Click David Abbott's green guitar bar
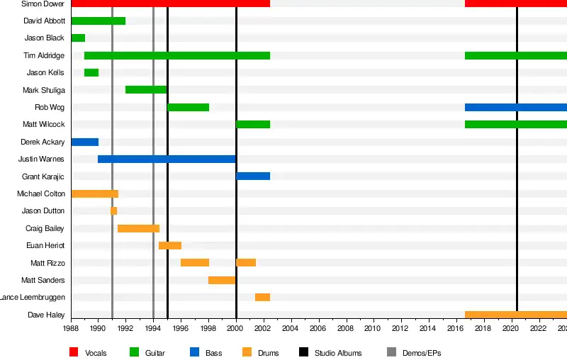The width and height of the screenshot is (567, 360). [98, 21]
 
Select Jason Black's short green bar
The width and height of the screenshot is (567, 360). [78, 38]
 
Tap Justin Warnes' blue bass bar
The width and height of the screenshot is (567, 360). [167, 159]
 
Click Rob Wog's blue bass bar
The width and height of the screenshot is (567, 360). [515, 107]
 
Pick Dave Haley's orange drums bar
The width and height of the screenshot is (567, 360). [515, 315]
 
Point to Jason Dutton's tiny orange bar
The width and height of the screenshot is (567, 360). [113, 210]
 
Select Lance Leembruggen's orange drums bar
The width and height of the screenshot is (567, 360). [262, 297]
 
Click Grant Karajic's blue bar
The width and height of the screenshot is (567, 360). [253, 176]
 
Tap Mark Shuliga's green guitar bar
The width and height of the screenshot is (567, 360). [146, 89]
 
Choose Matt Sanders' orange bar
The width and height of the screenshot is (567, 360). [222, 280]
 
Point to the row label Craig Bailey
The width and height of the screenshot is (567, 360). [45, 228]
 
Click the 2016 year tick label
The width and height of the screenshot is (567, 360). [456, 329]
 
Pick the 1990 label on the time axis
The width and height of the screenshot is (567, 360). [98, 329]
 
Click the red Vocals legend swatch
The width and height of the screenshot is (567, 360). [74, 352]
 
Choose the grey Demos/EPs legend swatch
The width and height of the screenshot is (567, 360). [392, 352]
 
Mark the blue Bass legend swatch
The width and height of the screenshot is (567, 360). [194, 352]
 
